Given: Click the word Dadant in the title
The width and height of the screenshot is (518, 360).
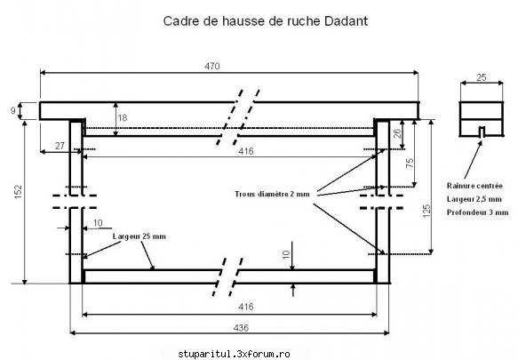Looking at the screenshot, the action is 346,21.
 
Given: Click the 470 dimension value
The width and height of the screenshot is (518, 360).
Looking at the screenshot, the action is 211,66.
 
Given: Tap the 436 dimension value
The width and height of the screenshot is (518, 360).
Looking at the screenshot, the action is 241,328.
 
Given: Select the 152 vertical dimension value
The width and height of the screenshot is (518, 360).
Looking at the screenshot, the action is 19,192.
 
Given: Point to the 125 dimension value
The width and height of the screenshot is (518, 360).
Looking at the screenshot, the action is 426,211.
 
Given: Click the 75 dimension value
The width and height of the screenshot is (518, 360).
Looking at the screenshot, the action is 410,163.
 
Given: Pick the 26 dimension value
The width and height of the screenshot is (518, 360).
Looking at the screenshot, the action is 397,133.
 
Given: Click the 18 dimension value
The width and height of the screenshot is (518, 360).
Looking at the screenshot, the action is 123,117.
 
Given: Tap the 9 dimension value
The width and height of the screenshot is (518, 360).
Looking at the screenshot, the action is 13,110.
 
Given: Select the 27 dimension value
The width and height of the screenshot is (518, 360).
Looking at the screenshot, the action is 60,146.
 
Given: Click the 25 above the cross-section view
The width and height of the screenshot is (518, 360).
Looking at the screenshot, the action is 482,77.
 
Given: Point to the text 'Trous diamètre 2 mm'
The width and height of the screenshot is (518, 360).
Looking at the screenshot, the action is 272,194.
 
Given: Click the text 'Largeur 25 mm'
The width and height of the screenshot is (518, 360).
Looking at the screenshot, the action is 139,236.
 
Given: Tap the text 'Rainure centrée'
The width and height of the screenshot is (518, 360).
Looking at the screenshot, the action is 474,186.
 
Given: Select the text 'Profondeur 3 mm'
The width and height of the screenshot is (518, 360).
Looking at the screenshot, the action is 478,212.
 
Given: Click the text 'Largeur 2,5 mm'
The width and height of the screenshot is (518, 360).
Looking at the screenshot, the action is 474,199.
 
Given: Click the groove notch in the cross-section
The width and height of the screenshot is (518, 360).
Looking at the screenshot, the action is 482,132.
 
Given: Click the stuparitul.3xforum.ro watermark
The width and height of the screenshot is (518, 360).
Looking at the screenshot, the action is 234,354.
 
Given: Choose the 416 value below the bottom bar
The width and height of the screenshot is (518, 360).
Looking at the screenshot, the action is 246,307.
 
